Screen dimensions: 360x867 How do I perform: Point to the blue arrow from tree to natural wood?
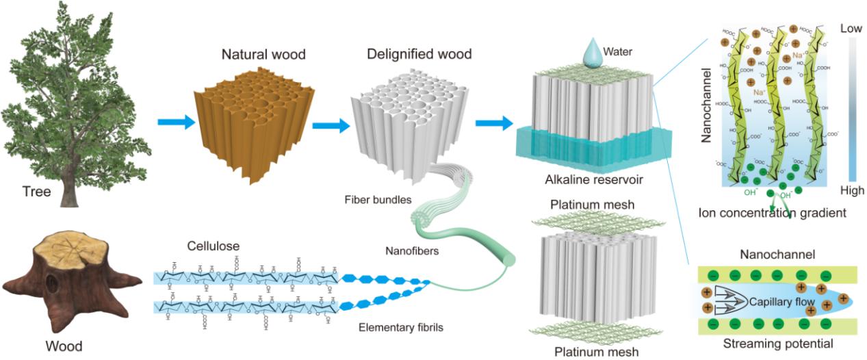click(x=174, y=123)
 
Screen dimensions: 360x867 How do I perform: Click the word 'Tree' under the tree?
click(x=36, y=192)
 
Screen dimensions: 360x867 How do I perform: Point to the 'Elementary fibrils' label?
click(x=401, y=328)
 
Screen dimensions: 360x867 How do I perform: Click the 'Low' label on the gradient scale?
click(x=851, y=29)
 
